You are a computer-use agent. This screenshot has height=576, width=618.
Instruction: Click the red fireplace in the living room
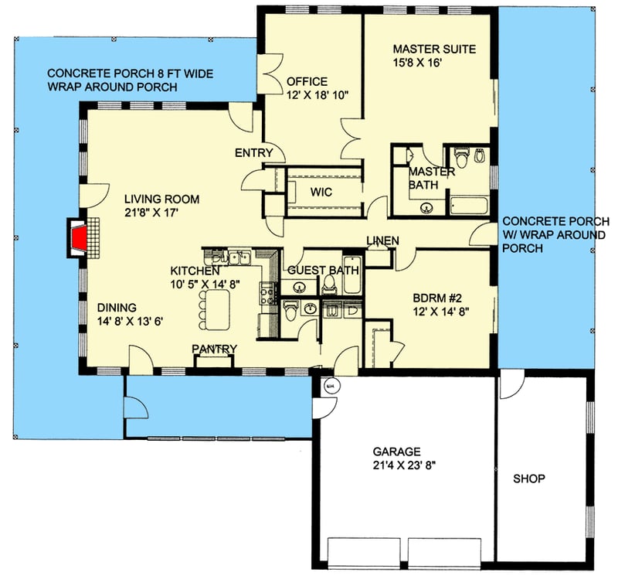(x=77, y=237)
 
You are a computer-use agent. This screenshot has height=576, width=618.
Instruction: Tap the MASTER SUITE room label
(x=434, y=49)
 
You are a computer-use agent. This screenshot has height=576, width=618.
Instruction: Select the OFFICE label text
(x=307, y=81)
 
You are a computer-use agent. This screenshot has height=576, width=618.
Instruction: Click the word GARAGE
(x=396, y=452)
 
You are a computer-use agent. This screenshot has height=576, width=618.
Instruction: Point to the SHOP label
(x=529, y=479)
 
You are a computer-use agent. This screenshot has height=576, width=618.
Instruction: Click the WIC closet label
(x=321, y=192)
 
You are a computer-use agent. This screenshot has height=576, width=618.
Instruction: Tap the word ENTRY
(x=253, y=153)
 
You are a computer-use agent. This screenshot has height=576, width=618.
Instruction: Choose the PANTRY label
(x=214, y=349)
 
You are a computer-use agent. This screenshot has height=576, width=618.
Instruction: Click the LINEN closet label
(x=382, y=241)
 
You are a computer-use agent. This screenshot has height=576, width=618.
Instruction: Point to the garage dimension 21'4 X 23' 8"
(x=396, y=465)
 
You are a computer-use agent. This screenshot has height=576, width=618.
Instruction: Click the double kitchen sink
(x=232, y=257)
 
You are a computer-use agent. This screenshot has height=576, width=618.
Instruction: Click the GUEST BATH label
(x=323, y=271)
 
